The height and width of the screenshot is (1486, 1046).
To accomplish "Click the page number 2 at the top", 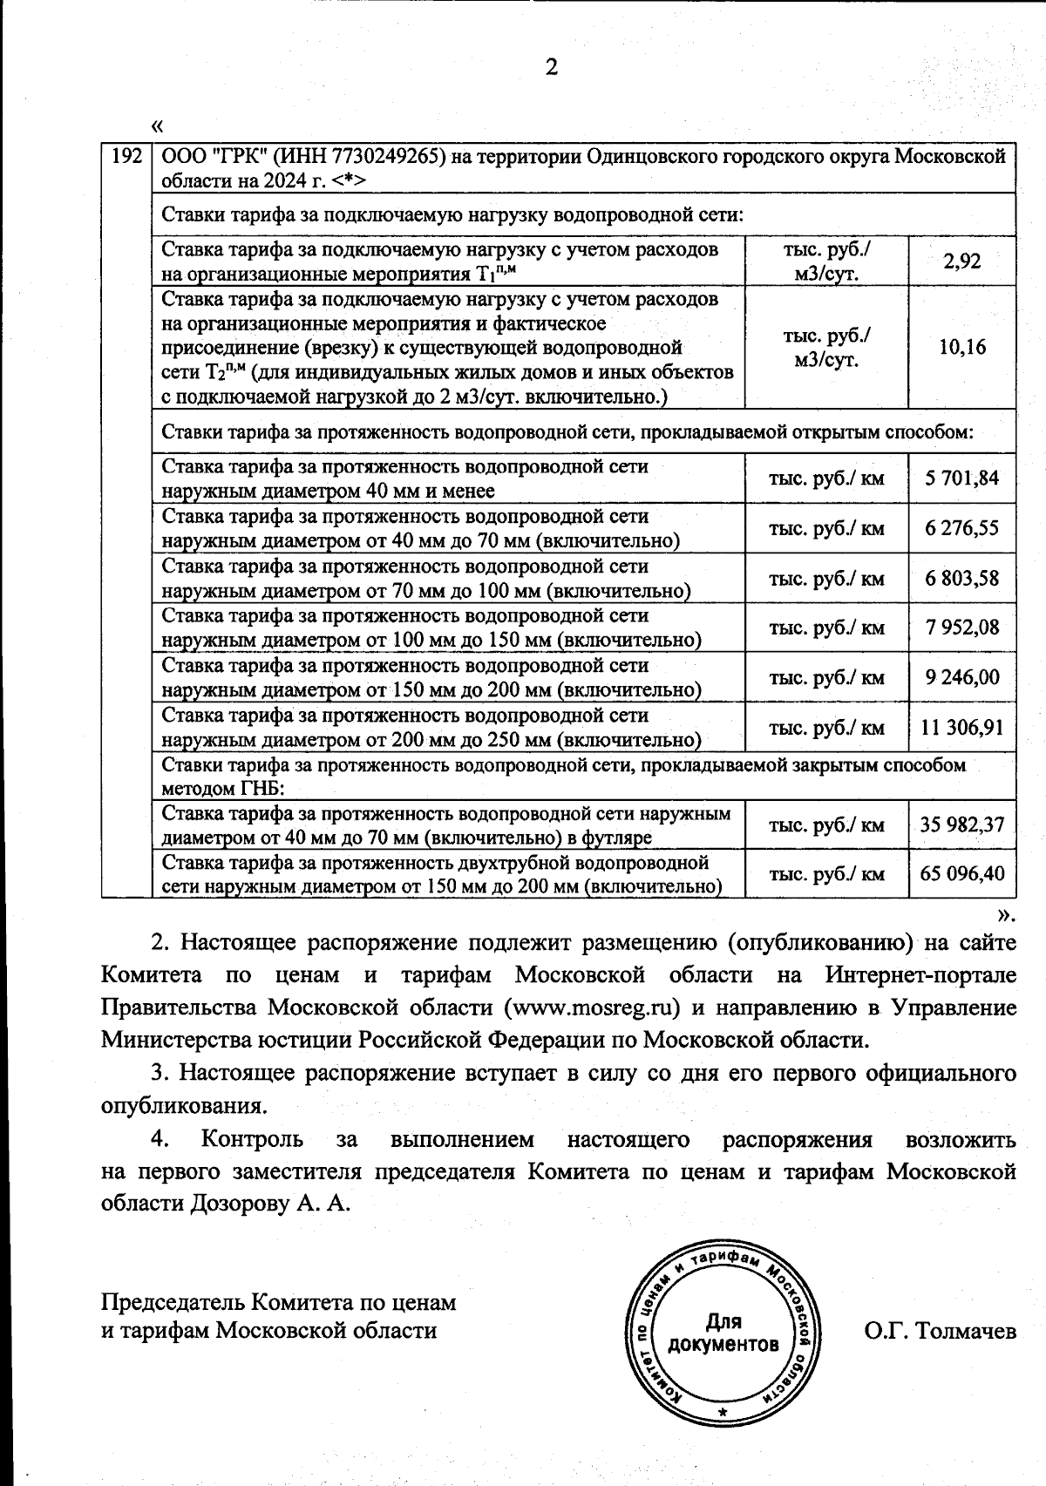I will point(550,68).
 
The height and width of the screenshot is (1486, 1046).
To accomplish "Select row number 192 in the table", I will point(127,157).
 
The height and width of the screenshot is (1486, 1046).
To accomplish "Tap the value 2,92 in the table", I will point(962,261).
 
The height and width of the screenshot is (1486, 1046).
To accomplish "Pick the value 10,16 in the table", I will point(962,347).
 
